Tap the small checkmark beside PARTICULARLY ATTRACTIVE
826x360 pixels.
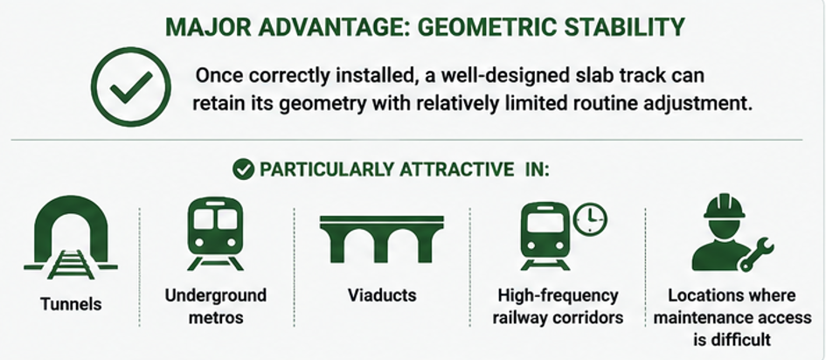[243, 170]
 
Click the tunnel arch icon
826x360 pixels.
[71, 237]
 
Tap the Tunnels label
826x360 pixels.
[71, 304]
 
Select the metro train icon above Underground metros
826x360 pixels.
[215, 233]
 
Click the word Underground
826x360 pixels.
[215, 295]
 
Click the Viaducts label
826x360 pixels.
[382, 295]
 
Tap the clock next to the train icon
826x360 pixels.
[590, 218]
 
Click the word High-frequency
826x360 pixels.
[558, 296]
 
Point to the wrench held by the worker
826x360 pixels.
[756, 254]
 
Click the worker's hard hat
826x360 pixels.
[725, 206]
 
